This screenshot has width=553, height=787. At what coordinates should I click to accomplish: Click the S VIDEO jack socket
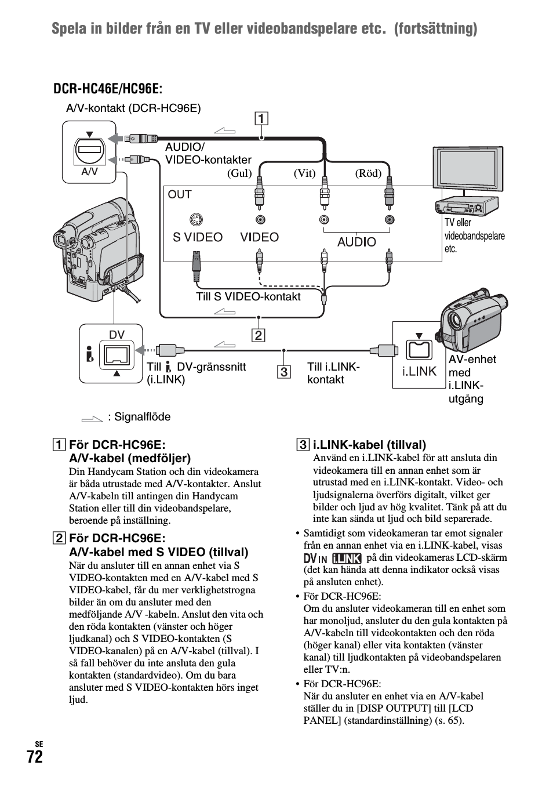[197, 220]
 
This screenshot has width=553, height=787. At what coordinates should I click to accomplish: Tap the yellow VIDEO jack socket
[260, 220]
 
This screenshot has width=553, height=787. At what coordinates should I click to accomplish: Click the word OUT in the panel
[180, 195]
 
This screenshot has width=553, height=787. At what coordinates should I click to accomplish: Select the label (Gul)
[239, 173]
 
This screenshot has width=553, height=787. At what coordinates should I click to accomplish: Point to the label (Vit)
[304, 173]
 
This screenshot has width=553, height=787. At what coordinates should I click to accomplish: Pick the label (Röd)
[369, 173]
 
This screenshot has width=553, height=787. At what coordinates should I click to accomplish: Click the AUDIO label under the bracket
[356, 242]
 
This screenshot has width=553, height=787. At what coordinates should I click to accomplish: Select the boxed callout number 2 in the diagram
[257, 335]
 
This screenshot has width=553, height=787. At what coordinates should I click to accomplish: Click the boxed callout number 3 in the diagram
[284, 372]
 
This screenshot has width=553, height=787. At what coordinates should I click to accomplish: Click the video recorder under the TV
[465, 206]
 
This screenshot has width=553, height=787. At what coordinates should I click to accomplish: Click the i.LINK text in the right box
[419, 371]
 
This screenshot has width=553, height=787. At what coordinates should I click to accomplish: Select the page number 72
[34, 757]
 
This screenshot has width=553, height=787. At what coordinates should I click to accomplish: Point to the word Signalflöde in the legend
[143, 417]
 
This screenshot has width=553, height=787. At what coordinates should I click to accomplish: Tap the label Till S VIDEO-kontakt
[248, 297]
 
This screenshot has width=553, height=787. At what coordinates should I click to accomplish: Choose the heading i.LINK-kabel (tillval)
[369, 445]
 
